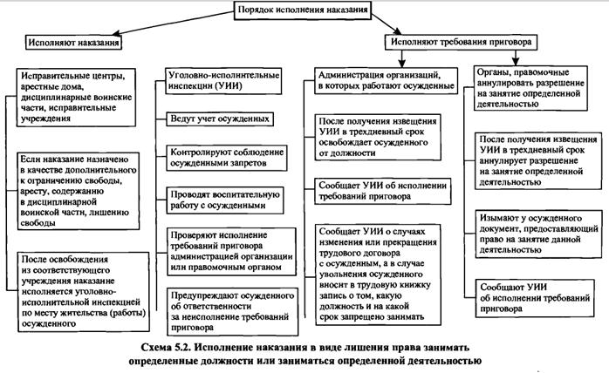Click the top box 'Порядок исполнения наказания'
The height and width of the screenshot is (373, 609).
[302, 10]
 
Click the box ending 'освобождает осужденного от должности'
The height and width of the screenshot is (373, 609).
[380, 135]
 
